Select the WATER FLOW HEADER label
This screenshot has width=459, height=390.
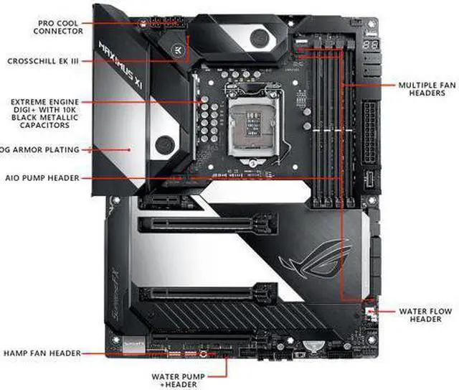[x=427, y=315]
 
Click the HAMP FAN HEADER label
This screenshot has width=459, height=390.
[x=42, y=353]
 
